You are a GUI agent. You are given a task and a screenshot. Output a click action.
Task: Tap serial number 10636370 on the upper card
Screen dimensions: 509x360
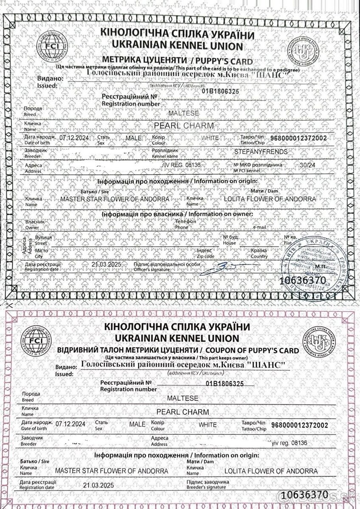(304, 280)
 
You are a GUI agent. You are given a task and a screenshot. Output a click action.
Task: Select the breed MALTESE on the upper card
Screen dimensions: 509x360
(178, 114)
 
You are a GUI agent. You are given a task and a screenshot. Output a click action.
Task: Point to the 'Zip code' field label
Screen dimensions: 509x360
(206, 256)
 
